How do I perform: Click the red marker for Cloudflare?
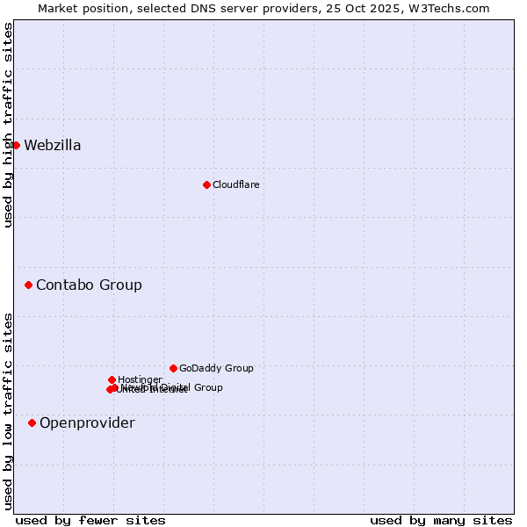click(x=206, y=184)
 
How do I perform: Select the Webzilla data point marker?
click(x=16, y=145)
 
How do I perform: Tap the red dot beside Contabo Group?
click(x=28, y=285)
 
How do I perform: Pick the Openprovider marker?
click(x=32, y=422)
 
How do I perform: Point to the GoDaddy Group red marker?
click(x=173, y=368)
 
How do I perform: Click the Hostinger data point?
click(x=112, y=379)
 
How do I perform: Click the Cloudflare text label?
click(x=235, y=184)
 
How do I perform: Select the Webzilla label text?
click(x=52, y=145)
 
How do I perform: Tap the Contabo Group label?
click(x=89, y=285)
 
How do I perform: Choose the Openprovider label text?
click(x=87, y=422)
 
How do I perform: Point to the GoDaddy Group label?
click(x=216, y=368)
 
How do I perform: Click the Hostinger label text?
click(x=140, y=379)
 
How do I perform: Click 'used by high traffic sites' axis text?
click(x=8, y=125)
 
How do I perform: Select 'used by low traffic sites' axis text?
click(x=8, y=410)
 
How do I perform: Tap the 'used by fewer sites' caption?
click(x=90, y=520)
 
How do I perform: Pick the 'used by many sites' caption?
click(x=441, y=520)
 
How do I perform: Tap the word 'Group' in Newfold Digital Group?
click(x=207, y=387)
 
